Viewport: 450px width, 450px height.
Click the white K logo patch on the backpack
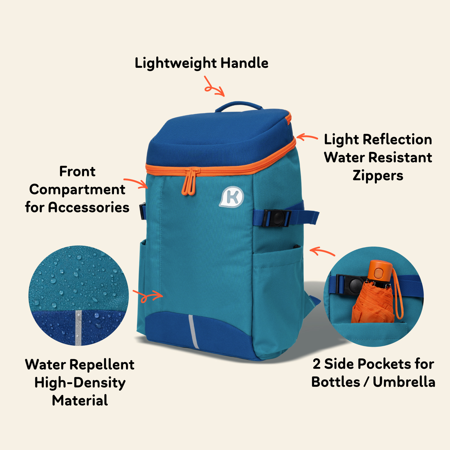pos(232,197)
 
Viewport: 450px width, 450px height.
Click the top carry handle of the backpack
pos(238,105)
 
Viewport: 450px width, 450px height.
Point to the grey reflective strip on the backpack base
pos(193,331)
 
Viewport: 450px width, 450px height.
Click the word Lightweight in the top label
pos(175,64)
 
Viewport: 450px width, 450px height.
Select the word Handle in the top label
pos(244,63)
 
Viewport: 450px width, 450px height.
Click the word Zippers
pos(378,176)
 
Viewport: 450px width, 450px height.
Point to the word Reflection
pos(397,139)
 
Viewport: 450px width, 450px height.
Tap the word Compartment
pos(77,190)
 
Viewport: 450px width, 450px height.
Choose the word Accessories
pos(89,207)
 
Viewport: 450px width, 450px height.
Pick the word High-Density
pos(80,383)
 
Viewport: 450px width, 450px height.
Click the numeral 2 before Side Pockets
pos(316,364)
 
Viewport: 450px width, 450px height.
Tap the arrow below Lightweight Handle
pos(214,87)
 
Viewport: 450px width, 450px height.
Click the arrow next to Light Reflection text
pos(307,137)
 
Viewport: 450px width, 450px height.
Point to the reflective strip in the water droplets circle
pos(78,327)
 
